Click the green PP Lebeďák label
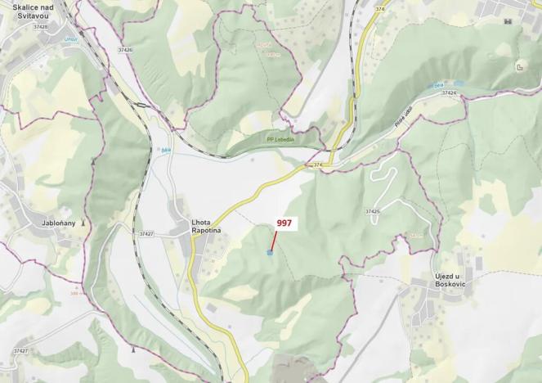click(x=281, y=139)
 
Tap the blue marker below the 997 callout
click(x=270, y=253)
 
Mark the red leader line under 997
click(x=273, y=241)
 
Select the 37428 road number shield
click(x=40, y=27)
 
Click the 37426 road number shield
click(x=125, y=50)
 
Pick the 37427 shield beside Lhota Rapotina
click(x=146, y=234)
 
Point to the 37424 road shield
click(x=448, y=93)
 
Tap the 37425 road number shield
click(x=372, y=211)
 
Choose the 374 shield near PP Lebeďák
click(x=319, y=164)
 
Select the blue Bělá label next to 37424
click(x=438, y=84)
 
